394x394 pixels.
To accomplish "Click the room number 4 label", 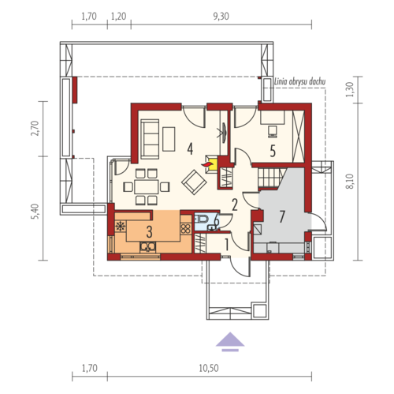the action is tap(190, 148).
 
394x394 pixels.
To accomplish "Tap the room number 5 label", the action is tap(273, 152).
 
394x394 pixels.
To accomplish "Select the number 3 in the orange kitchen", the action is tap(149, 232).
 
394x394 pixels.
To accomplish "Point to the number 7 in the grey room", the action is tap(282, 216).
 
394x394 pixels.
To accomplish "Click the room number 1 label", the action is tap(226, 245).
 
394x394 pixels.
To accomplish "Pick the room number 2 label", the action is tap(235, 205).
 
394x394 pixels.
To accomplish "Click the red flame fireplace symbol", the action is tap(206, 164).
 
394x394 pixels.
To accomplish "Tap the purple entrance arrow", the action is tap(230, 342).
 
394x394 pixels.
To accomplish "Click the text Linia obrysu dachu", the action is tap(299, 81).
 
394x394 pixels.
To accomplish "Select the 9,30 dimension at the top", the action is tap(221, 17).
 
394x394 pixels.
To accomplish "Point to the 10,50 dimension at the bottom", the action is tap(209, 368).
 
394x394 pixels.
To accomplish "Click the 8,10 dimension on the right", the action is tap(351, 182).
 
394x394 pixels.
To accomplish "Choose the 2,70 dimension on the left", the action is tap(35, 128).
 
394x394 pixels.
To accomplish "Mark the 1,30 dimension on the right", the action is tap(351, 89).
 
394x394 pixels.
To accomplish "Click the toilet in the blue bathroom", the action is tap(203, 218).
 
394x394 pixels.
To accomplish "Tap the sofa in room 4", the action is tap(150, 139).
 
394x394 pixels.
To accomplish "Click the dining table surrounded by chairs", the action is tap(147, 187).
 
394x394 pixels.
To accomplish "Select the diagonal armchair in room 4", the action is tap(194, 182).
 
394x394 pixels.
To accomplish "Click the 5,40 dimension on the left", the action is tap(35, 212).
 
